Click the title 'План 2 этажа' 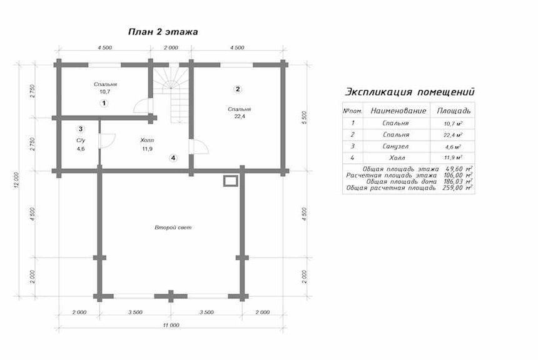(x=163, y=32)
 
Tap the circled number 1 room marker (x=104, y=103)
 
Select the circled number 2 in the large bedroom (x=238, y=89)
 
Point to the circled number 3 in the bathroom (x=80, y=129)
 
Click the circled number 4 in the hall (x=173, y=158)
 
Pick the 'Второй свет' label (x=173, y=227)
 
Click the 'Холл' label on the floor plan (x=147, y=140)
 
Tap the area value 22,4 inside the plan (x=239, y=116)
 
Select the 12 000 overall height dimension (x=18, y=181)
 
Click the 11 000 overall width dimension (x=171, y=325)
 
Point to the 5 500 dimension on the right (x=305, y=117)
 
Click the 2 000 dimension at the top (x=171, y=47)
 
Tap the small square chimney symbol (x=230, y=181)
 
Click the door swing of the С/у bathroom (x=107, y=141)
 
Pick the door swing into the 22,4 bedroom (x=199, y=147)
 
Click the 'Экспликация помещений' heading (x=410, y=92)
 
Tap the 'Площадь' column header (x=454, y=111)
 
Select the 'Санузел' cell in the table (x=396, y=146)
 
